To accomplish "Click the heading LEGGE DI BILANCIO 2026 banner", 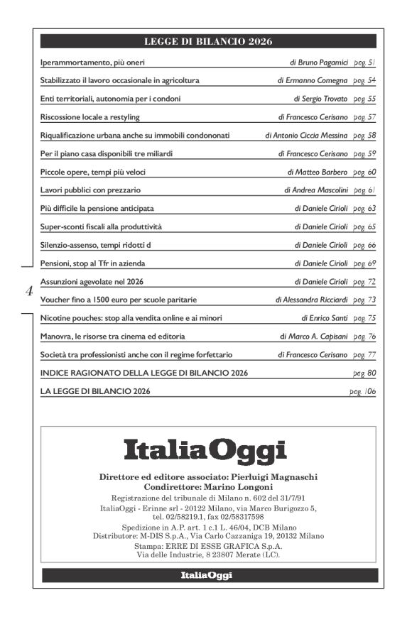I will (x=208, y=41).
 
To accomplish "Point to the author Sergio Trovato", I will (x=324, y=98).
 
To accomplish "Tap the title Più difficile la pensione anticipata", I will (x=97, y=208).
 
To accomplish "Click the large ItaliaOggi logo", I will (x=205, y=450).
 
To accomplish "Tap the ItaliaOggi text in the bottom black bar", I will (x=207, y=576).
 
